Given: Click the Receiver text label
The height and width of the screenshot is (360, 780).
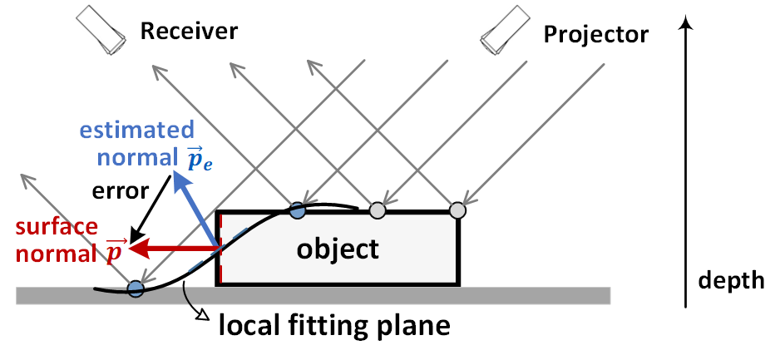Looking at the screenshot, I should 189,32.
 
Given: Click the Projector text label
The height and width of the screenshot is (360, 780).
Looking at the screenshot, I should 595,34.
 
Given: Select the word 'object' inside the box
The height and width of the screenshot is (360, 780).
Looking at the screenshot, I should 338,248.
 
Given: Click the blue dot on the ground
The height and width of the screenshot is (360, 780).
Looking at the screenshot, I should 136,288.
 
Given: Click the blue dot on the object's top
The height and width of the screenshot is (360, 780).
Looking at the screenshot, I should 297,210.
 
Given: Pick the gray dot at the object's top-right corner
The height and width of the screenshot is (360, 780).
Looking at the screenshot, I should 457,210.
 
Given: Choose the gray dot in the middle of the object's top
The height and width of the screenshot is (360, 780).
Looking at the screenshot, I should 378,210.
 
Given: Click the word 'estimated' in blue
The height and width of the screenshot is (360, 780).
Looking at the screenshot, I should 138,130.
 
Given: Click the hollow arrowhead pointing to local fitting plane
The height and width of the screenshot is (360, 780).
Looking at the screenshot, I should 202,314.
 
